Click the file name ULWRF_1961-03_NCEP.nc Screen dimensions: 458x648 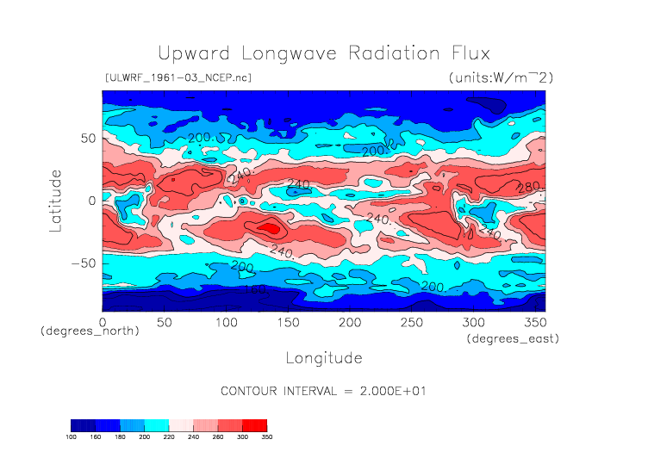178,78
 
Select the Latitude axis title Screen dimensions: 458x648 56,200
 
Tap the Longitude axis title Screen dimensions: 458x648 323,357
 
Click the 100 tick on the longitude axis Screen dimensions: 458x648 226,321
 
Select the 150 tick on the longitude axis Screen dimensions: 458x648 287,321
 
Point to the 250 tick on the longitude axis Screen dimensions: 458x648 410,321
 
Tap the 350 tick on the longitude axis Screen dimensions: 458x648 533,321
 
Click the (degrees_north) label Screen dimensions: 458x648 90,331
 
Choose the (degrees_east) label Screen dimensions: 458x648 514,339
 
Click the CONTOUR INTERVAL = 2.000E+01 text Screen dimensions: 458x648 324,391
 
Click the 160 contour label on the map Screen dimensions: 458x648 252,290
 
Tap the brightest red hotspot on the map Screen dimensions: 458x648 271,229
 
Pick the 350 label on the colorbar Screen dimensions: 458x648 266,436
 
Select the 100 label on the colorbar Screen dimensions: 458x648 72,436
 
